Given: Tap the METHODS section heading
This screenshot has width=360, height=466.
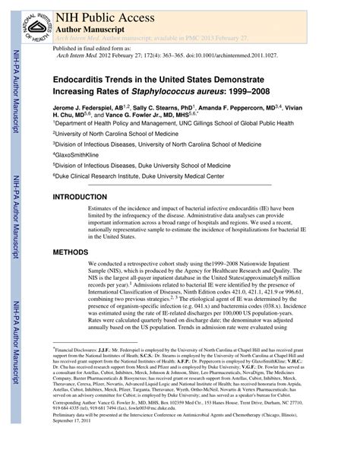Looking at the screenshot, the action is click(74, 251).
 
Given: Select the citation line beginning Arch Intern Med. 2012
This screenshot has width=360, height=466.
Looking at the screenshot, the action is click(159, 55).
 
